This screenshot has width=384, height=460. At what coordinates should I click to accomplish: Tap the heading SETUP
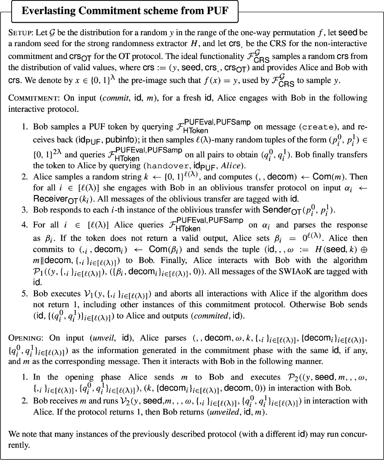[20, 33]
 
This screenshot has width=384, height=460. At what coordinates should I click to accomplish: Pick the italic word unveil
[103, 338]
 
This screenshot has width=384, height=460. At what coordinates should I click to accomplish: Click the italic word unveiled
[224, 412]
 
